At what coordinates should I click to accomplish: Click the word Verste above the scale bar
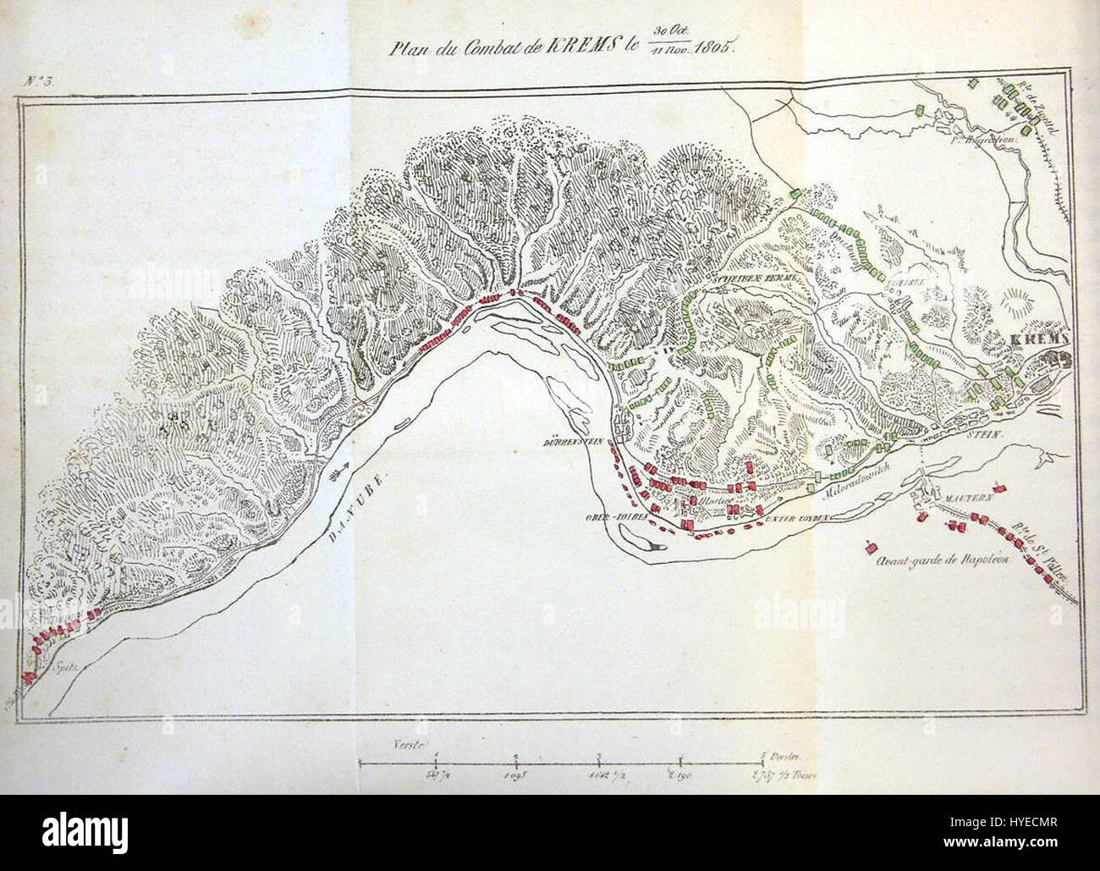(x=407, y=743)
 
